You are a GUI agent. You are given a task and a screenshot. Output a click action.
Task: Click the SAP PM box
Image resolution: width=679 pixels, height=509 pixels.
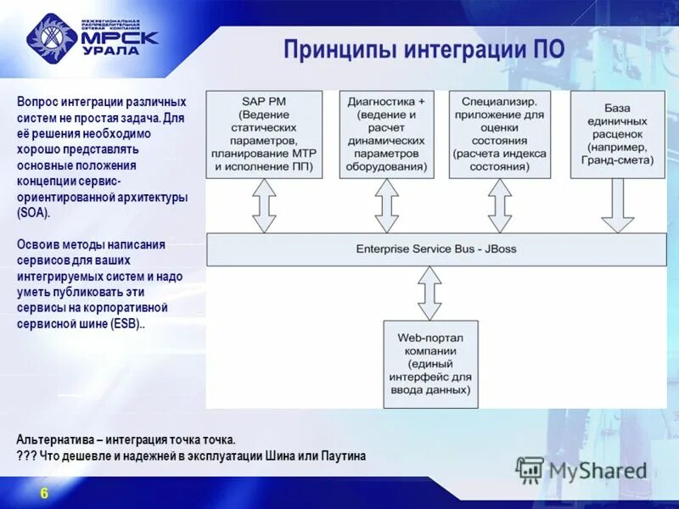pyautogui.click(x=264, y=134)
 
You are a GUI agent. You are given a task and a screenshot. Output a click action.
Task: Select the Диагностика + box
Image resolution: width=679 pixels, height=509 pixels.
pyautogui.click(x=386, y=134)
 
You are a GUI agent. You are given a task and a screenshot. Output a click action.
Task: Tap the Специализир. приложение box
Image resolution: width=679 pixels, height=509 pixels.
pyautogui.click(x=500, y=134)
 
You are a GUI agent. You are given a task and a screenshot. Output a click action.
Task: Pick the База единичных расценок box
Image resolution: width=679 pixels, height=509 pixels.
pyautogui.click(x=617, y=134)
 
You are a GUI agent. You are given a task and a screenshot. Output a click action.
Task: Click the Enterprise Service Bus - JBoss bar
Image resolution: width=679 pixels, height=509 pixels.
pyautogui.click(x=436, y=249)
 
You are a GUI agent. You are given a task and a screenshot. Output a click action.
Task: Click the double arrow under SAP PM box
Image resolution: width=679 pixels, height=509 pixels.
pyautogui.click(x=264, y=205)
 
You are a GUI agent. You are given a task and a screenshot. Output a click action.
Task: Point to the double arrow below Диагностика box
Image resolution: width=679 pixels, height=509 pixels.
pyautogui.click(x=387, y=205)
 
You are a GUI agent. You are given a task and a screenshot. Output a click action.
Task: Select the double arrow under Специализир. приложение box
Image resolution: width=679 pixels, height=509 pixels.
pyautogui.click(x=500, y=205)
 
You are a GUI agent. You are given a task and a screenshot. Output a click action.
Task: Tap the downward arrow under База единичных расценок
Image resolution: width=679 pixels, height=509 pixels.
pyautogui.click(x=617, y=204)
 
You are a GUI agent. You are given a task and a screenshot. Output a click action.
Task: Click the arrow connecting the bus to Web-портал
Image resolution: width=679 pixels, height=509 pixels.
pyautogui.click(x=430, y=294)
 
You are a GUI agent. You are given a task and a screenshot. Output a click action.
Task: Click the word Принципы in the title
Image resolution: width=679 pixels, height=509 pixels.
pyautogui.click(x=331, y=49)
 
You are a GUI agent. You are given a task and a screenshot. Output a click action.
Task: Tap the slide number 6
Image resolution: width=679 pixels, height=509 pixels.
pyautogui.click(x=44, y=494)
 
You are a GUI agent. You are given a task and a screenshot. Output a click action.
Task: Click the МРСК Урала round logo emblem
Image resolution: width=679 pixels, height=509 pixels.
pyautogui.click(x=53, y=37)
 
